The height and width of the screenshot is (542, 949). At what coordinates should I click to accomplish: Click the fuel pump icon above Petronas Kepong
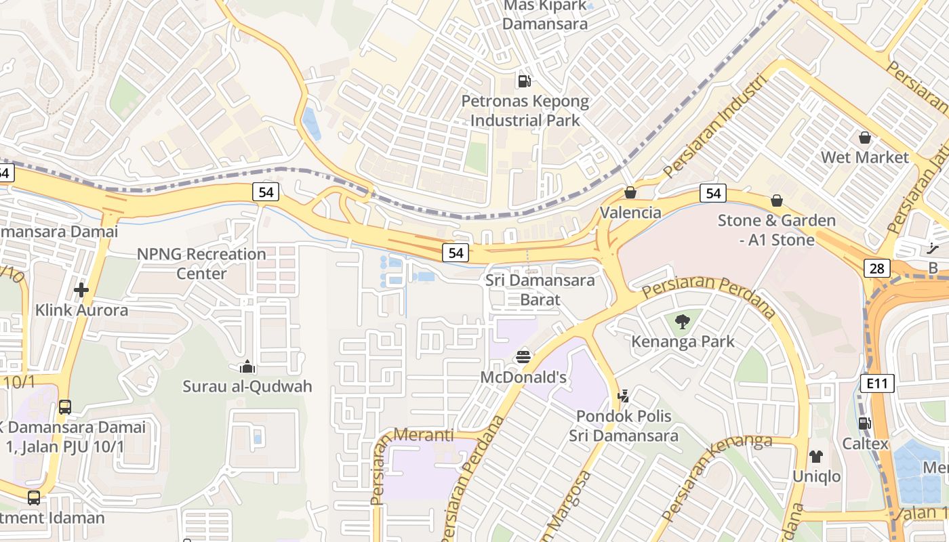point(524,81)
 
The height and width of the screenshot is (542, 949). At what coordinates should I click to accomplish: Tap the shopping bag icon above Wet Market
point(865,138)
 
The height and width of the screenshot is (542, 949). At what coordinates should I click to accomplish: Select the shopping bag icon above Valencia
point(630,192)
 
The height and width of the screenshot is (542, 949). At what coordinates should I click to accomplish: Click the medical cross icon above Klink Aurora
point(81,290)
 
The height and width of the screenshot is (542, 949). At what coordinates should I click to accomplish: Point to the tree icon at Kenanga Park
point(683,322)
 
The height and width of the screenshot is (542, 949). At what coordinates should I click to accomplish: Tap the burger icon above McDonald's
point(523,356)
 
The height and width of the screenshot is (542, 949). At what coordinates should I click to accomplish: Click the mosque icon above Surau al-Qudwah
point(247,367)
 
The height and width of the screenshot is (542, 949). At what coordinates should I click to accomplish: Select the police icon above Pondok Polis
point(624,396)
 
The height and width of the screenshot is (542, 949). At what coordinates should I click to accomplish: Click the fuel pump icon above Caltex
point(865,423)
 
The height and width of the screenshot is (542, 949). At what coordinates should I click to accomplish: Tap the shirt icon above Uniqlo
point(816,457)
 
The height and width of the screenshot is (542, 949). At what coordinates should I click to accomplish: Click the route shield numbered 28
point(877,268)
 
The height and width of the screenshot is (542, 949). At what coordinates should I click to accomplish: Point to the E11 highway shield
point(878,383)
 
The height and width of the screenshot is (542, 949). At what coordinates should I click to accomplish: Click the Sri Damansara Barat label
point(540,290)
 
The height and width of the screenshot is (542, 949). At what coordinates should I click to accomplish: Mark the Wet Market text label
point(865,157)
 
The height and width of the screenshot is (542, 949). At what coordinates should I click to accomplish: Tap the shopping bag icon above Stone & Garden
point(777,201)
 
